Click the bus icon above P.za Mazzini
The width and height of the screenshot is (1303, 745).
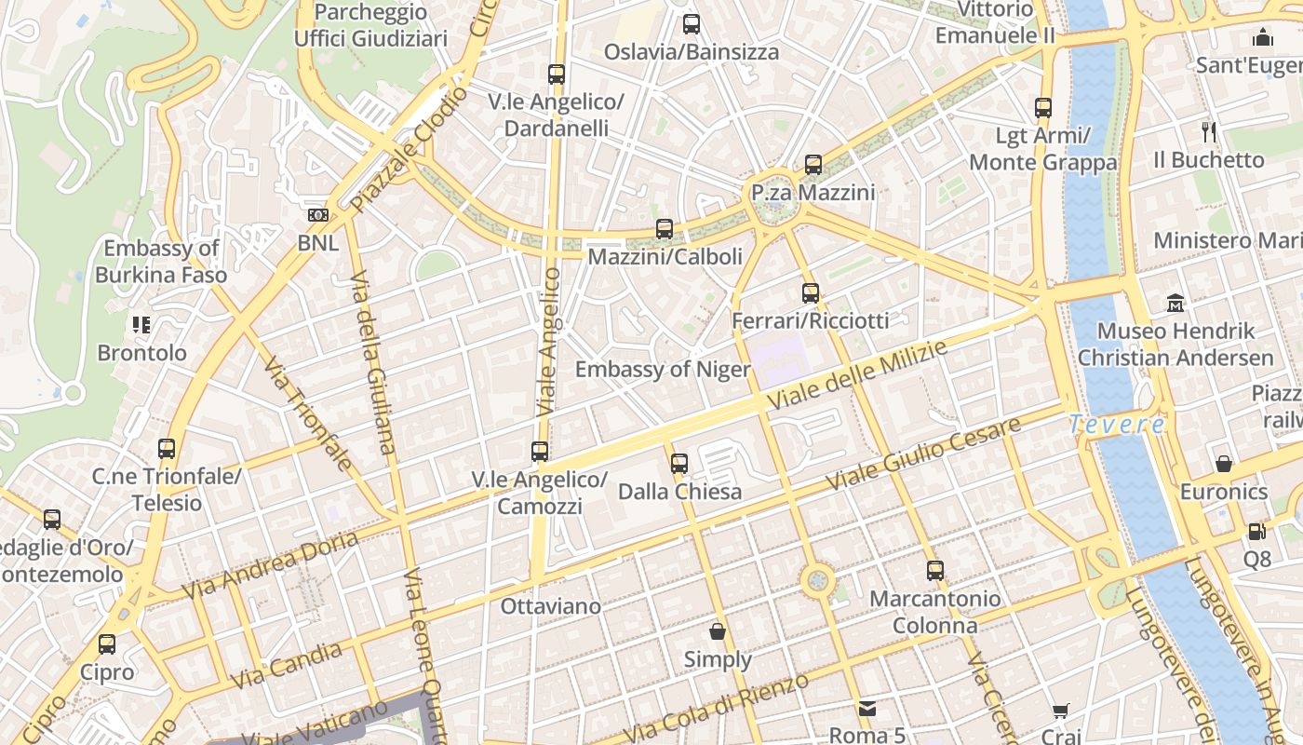(x=813, y=165)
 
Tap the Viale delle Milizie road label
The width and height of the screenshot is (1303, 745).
(x=858, y=375)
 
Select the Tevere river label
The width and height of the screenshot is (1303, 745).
(x=1116, y=425)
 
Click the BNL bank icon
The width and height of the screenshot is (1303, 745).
(x=318, y=215)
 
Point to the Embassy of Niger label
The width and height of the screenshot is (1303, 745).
(x=662, y=370)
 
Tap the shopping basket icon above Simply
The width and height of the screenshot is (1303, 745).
(x=718, y=632)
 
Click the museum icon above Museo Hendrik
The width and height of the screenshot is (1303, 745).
(x=1175, y=303)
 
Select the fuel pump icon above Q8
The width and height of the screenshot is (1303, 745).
(x=1256, y=532)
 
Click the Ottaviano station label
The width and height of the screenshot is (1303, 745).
(x=551, y=606)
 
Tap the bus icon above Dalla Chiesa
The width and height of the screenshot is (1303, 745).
(x=679, y=463)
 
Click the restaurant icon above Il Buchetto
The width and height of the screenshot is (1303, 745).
(x=1208, y=131)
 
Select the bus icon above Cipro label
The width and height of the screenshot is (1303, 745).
(x=107, y=644)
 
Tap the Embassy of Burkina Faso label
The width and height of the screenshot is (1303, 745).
(x=162, y=262)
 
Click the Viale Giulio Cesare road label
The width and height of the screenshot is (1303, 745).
(x=923, y=455)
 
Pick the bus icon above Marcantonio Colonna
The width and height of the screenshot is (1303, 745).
(x=935, y=571)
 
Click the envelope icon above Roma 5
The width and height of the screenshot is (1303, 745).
(x=867, y=709)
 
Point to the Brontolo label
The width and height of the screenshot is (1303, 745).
(x=142, y=353)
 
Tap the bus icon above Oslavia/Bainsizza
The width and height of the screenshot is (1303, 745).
(x=692, y=24)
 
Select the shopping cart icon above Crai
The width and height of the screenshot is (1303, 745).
(x=1061, y=712)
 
